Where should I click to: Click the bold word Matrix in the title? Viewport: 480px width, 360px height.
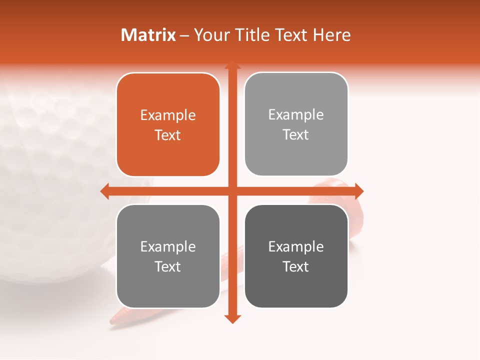(148, 35)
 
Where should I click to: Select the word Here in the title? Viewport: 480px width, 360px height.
(331, 35)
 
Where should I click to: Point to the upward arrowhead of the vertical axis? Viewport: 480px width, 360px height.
(232, 65)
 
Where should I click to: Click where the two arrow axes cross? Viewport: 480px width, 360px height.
(232, 191)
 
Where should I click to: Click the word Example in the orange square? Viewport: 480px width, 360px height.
(168, 115)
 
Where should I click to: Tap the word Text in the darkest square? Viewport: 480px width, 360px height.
(296, 267)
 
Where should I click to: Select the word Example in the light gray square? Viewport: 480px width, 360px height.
(296, 115)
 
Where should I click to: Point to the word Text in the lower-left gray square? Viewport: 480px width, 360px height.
(168, 267)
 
